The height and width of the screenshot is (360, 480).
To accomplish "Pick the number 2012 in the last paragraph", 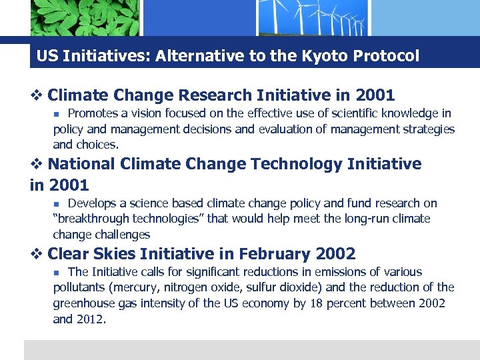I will point(90,319).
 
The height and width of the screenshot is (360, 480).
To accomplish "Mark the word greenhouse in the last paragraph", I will point(85,303).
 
